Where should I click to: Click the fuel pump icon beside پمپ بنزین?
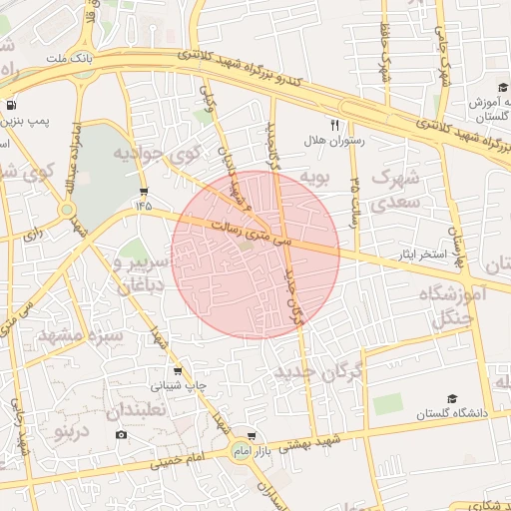(x=10, y=105)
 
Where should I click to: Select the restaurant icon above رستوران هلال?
(x=335, y=126)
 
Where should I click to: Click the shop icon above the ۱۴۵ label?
(x=145, y=191)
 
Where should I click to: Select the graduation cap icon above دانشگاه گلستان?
(x=452, y=398)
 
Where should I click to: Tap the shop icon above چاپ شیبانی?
(x=178, y=371)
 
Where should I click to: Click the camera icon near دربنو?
(x=122, y=434)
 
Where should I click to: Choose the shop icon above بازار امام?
(x=251, y=436)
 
